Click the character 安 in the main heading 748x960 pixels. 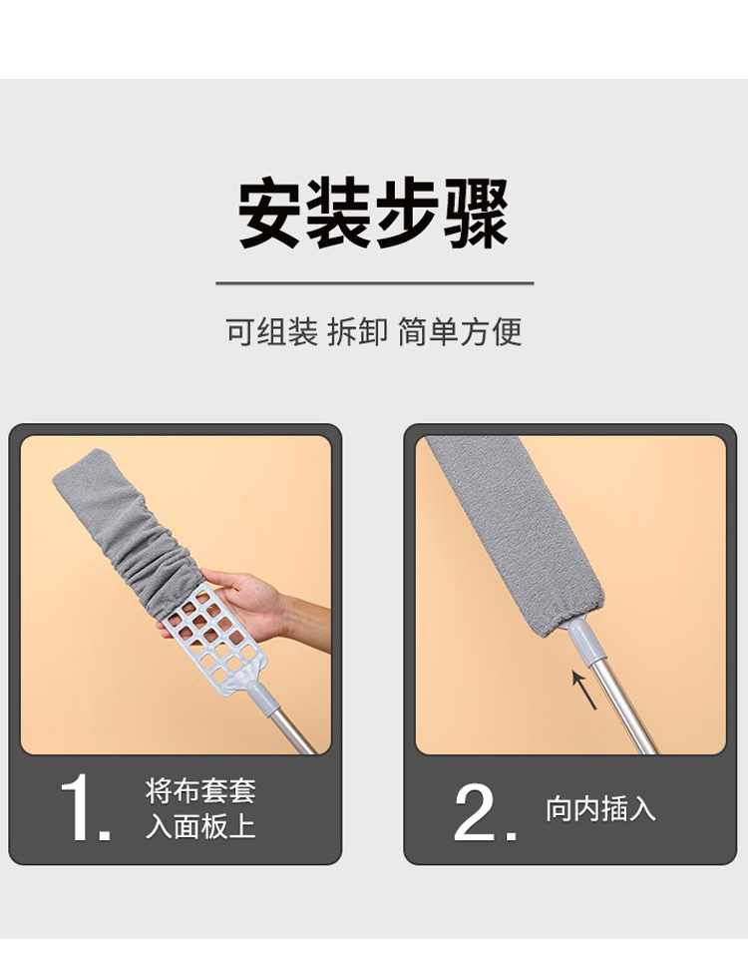pyautogui.click(x=270, y=214)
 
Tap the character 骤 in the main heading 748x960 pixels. pyautogui.click(x=476, y=214)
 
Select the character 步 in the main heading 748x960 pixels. pyautogui.click(x=407, y=214)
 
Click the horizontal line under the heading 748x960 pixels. pyautogui.click(x=375, y=283)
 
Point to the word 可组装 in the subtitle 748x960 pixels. pyautogui.click(x=272, y=332)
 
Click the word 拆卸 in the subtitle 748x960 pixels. pyautogui.click(x=358, y=332)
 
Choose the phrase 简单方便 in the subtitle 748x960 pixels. pyautogui.click(x=460, y=332)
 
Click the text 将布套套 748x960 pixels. pyautogui.click(x=200, y=790)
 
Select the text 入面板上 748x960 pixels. pyautogui.click(x=200, y=826)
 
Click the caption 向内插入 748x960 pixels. pyautogui.click(x=600, y=808)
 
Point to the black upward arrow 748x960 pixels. pyautogui.click(x=584, y=690)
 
